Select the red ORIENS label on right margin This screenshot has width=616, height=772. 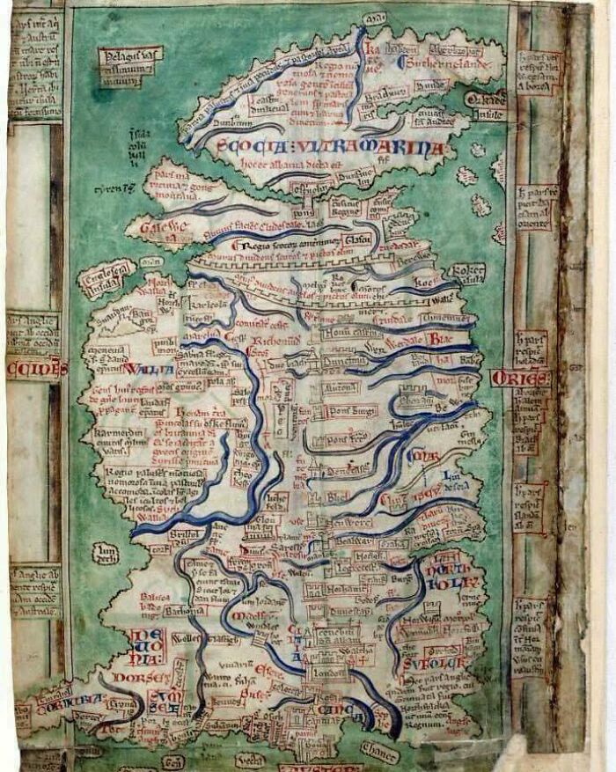pyautogui.click(x=519, y=379)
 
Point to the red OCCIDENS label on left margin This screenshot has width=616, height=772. pyautogui.click(x=35, y=369)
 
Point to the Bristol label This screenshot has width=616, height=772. pyautogui.click(x=184, y=534)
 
